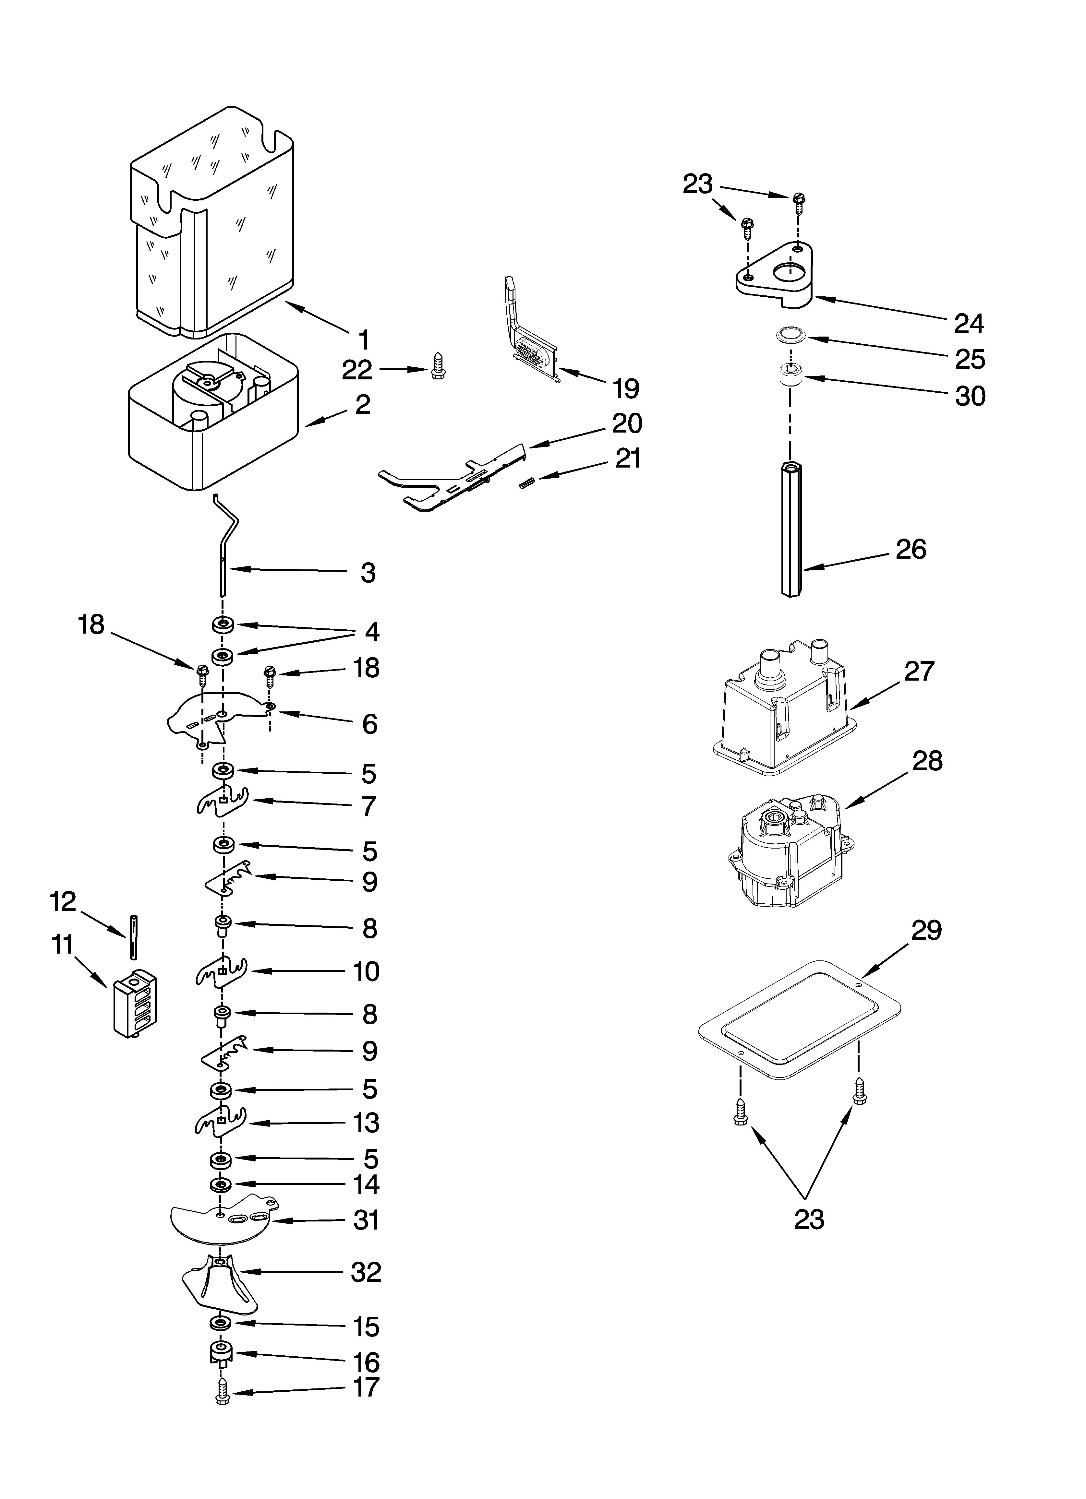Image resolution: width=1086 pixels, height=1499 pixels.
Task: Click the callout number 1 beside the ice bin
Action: click(x=363, y=340)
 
